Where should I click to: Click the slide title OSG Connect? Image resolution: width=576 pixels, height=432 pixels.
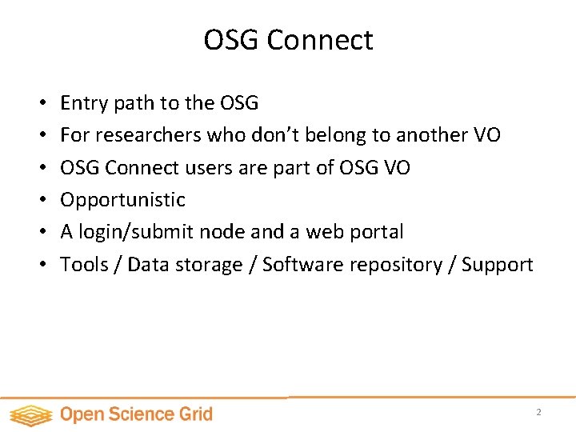coord(288,40)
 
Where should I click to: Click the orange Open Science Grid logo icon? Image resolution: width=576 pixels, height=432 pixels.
coord(31,415)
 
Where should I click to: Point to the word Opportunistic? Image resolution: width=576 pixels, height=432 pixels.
coord(122,199)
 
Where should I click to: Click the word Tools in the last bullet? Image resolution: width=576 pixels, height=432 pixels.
coord(84,264)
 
